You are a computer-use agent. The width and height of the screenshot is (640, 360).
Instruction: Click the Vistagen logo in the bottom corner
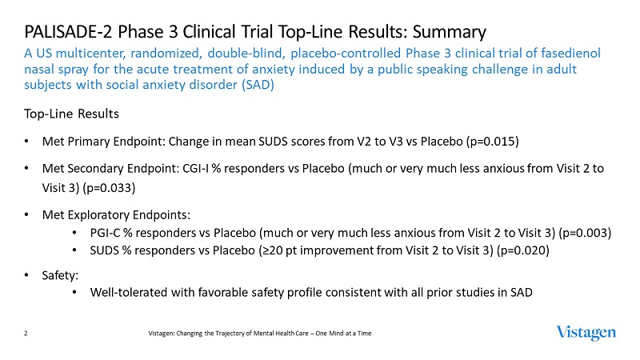pos(586,332)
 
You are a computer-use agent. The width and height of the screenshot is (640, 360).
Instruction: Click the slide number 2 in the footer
pos(27,333)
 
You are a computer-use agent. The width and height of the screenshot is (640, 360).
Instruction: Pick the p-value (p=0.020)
pos(525,251)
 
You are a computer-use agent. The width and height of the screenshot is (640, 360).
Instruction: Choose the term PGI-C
pos(106,233)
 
